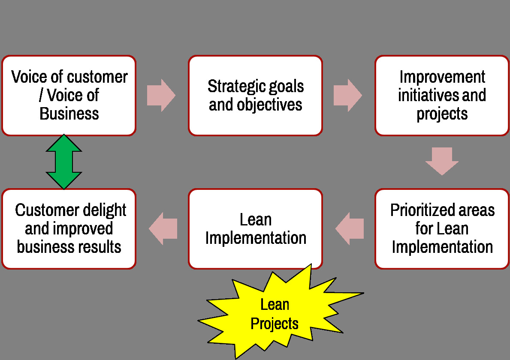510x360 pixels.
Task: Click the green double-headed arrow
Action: [x=64, y=162]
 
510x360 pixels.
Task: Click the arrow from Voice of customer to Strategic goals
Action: [x=161, y=96]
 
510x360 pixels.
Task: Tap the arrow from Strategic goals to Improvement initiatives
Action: [x=348, y=96]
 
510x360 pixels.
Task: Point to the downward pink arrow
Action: [x=442, y=161]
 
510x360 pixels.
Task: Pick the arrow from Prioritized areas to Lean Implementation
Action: [x=350, y=228]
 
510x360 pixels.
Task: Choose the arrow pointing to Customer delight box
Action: [x=163, y=228]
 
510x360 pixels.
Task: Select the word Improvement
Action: [x=442, y=77]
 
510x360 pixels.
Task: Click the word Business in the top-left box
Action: [x=69, y=114]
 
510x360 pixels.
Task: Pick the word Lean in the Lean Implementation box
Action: [x=256, y=219]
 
